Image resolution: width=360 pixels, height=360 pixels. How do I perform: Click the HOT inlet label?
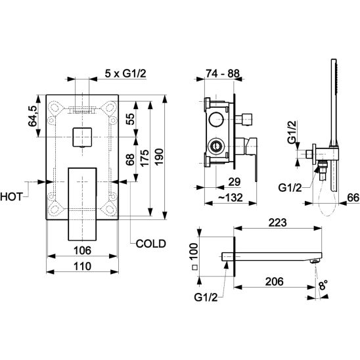[11, 197]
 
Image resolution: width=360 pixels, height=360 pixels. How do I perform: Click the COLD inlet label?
[150, 244]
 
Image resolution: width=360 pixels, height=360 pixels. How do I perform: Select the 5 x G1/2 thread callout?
[125, 74]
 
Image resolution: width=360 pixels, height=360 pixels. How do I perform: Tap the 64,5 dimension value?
[32, 116]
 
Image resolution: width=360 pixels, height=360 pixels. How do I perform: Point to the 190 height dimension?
[159, 157]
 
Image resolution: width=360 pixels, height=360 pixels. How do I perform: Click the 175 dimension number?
[145, 158]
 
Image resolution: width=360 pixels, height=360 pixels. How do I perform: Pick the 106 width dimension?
[82, 250]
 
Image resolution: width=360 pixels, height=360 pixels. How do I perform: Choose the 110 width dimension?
[82, 266]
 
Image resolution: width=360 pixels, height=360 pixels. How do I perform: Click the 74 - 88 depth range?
[223, 74]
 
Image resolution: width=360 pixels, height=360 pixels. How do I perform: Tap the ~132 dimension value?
[231, 198]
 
